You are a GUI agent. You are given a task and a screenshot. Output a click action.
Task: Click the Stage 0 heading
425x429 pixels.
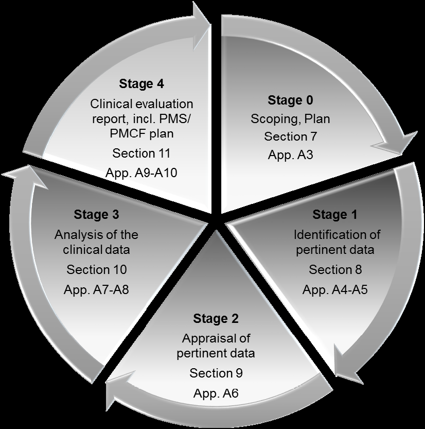pos(290,100)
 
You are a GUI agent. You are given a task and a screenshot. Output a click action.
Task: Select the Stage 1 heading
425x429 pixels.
pos(334,214)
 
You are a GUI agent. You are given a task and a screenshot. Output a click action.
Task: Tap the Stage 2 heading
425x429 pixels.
pos(216,318)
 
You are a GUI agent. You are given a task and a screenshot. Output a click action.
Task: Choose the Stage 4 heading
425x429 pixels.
pos(142,83)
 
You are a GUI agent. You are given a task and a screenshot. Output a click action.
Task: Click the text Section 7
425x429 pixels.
pos(291,136)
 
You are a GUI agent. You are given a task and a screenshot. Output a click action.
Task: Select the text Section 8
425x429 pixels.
pos(335,269)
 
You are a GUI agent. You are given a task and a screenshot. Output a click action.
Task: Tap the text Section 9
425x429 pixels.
pos(216,373)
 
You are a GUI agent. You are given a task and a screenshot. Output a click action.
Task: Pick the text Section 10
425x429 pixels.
pos(96,269)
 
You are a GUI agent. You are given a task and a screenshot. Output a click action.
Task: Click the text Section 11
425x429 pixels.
pos(141,153)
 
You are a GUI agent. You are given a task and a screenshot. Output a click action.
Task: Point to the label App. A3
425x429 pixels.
pos(290,154)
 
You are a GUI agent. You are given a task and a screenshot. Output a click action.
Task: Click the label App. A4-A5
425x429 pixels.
pos(335,289)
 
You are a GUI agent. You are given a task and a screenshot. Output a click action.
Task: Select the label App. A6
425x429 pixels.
pos(216,393)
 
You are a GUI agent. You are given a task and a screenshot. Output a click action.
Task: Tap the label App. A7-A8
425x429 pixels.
pos(96,289)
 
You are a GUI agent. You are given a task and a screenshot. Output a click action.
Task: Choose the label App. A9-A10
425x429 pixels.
pos(141,173)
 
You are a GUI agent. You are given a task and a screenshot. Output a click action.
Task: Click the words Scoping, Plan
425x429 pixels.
pos(290,119)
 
